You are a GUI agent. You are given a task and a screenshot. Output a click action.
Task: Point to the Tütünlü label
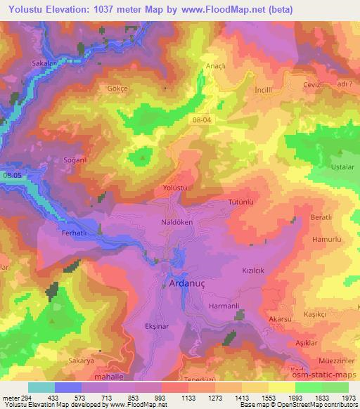240,202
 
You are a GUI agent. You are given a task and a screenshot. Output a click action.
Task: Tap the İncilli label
264,91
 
